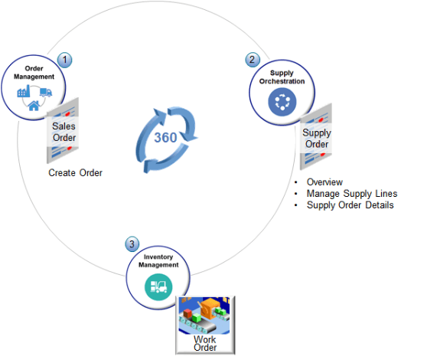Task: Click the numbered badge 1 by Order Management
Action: point(65,59)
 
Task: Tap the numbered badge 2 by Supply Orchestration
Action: point(251,59)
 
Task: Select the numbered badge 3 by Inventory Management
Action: point(132,244)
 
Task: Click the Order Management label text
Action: point(34,73)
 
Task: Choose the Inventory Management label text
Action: point(159,260)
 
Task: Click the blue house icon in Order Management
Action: point(34,106)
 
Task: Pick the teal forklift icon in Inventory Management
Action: point(158,287)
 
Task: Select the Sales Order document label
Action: point(65,131)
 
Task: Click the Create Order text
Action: point(75,173)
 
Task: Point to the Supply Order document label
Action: point(317,138)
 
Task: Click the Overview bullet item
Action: point(325,182)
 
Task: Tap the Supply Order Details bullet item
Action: point(350,205)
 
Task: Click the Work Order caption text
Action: point(205,343)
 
